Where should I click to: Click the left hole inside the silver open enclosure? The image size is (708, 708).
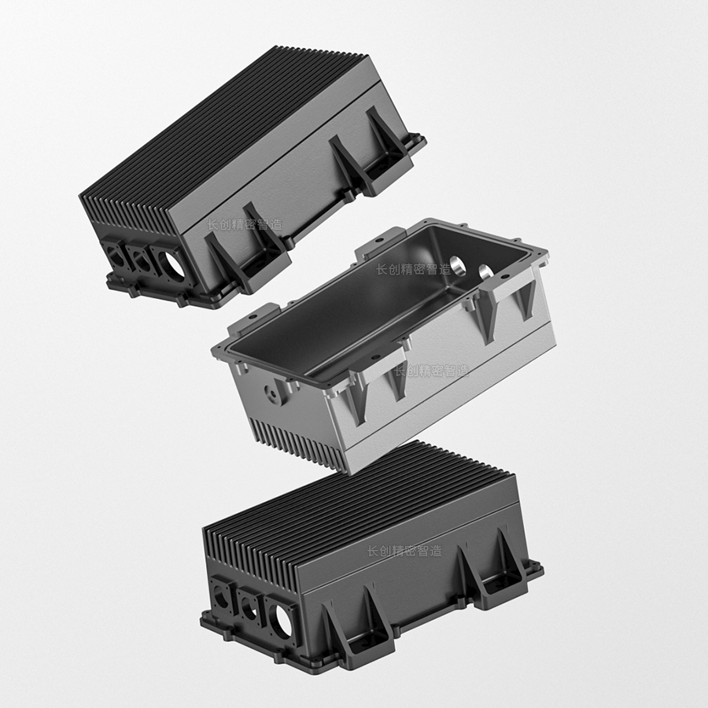pyautogui.click(x=458, y=266)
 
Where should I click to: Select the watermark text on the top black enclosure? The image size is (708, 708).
pyautogui.click(x=245, y=224)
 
